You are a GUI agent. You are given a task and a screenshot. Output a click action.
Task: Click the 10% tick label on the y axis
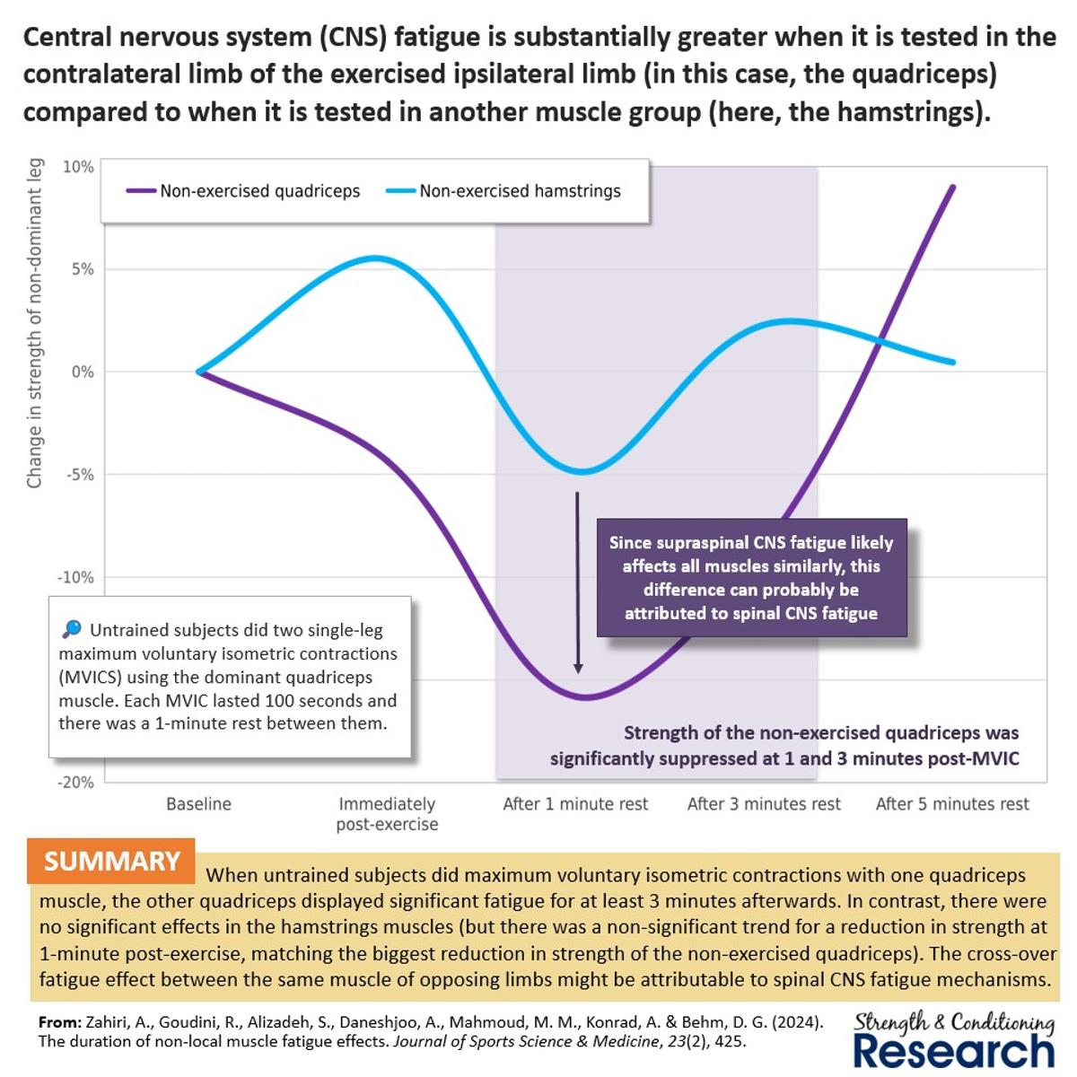(78, 167)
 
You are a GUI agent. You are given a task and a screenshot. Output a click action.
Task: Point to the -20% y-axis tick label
(75, 783)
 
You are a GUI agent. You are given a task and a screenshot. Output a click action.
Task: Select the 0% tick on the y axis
(83, 372)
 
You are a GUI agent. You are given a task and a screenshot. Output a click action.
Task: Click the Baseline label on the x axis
(198, 804)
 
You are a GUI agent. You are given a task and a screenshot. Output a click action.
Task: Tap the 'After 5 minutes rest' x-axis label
(952, 804)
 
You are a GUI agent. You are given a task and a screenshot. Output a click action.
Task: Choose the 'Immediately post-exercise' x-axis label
(387, 814)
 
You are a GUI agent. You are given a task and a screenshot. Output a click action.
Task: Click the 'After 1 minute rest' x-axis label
(575, 804)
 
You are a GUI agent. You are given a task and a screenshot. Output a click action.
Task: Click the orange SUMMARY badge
(112, 862)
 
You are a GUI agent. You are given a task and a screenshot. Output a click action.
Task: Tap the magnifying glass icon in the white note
(72, 629)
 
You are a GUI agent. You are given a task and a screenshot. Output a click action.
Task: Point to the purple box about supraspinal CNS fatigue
(751, 578)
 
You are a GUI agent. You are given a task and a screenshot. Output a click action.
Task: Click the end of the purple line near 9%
(952, 187)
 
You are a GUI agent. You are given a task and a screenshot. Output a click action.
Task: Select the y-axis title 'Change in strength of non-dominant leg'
(34, 323)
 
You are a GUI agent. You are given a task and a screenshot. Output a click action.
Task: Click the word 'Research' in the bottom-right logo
(953, 1051)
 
